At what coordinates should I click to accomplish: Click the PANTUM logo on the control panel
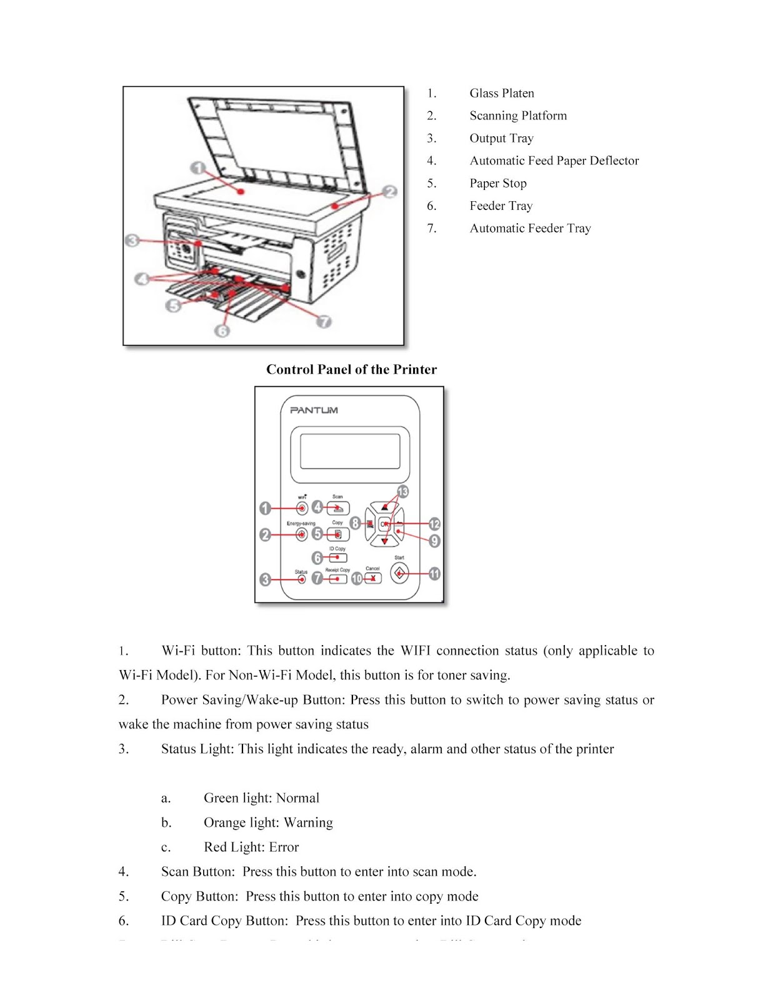click(314, 410)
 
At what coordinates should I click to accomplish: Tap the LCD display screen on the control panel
click(350, 451)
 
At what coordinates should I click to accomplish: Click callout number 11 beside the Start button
click(434, 574)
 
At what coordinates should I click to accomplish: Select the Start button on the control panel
click(399, 572)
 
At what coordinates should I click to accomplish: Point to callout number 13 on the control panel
click(402, 492)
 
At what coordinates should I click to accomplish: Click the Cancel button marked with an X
click(372, 579)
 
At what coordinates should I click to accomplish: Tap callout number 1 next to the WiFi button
click(266, 508)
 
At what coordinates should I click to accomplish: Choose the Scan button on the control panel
click(338, 508)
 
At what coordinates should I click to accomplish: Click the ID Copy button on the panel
click(338, 557)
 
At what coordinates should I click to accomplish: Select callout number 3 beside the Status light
click(266, 580)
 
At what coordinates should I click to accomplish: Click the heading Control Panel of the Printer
click(351, 369)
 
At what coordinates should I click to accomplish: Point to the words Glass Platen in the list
click(502, 93)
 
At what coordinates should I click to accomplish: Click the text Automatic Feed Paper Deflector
click(554, 161)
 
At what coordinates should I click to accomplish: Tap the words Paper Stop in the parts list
click(498, 183)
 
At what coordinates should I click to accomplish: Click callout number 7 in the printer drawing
click(324, 322)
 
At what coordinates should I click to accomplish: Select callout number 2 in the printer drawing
click(390, 191)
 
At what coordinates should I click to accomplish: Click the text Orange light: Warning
click(268, 822)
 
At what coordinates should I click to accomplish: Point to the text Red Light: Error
click(251, 847)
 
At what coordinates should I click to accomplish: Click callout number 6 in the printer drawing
click(222, 331)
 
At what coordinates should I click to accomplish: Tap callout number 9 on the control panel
click(434, 541)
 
